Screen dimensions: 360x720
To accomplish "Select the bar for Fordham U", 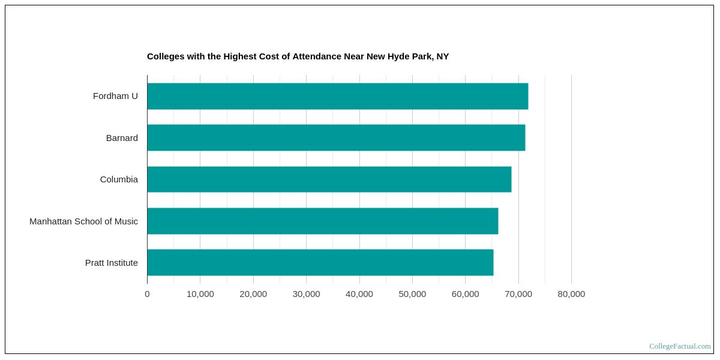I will coord(337,96).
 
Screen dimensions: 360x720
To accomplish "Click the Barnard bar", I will coord(336,137).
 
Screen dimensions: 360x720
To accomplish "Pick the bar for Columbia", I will coord(329,179).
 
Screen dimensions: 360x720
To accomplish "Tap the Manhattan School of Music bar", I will coord(322,221).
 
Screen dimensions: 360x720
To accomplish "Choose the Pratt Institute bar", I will coord(320,262).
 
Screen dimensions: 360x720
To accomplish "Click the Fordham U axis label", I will coord(115,96).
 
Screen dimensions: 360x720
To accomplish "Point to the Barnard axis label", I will coord(122,138).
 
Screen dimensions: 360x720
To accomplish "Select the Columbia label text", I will coord(119,179).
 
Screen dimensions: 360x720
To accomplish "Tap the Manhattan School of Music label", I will coord(83,221).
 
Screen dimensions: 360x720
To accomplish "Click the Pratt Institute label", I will coord(111,263).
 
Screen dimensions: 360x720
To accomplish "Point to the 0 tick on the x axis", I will coord(147,294).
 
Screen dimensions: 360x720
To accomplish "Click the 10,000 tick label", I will coord(200,294).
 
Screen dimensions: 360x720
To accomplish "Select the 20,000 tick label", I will coord(253,294).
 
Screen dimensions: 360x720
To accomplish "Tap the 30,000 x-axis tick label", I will coord(306,294).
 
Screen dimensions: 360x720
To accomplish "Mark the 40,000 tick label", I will coord(359,294).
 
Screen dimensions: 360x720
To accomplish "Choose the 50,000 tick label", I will coord(412,294).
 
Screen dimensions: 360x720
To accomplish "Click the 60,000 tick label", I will coord(465,294).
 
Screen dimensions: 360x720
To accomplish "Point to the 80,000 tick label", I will coord(571,294).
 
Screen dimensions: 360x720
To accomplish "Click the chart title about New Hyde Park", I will coord(298,56).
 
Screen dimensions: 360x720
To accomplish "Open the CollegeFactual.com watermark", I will coord(680,346).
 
